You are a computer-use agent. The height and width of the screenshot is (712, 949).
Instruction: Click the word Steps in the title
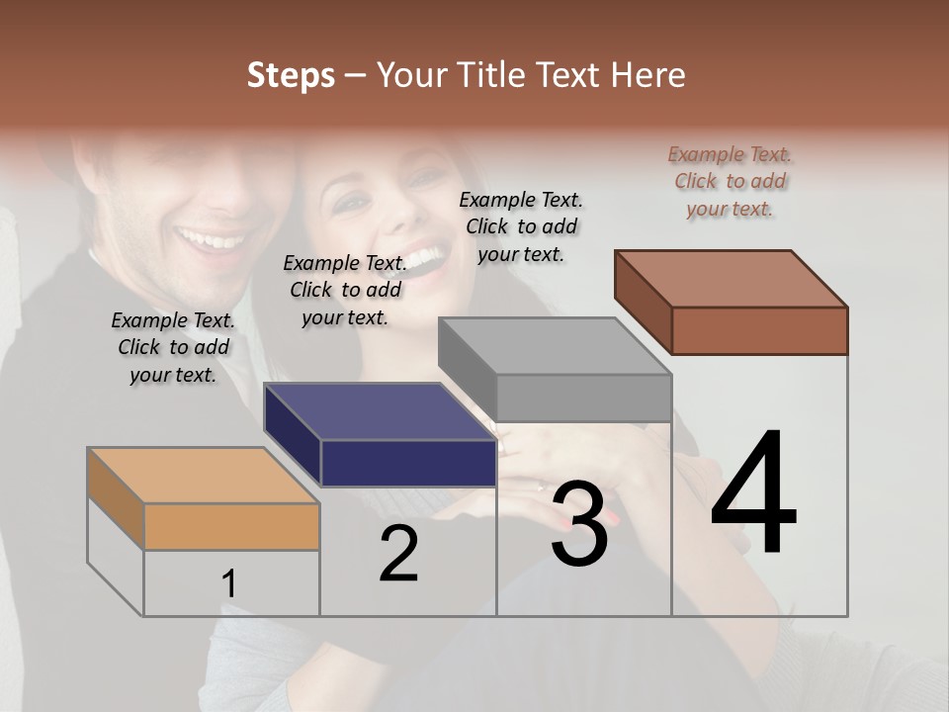(291, 75)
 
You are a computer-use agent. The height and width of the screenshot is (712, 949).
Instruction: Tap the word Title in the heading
(492, 75)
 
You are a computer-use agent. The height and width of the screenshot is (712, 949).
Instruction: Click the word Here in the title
(647, 75)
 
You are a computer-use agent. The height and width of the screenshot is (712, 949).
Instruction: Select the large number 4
(753, 494)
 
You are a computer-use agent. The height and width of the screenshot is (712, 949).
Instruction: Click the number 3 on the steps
(579, 524)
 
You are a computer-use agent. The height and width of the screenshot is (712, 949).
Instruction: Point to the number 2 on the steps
(398, 555)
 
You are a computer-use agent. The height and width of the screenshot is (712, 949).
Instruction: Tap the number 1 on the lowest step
(228, 584)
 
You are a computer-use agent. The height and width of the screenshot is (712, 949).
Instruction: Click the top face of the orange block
(204, 476)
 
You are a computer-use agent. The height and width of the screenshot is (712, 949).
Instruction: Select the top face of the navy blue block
(380, 411)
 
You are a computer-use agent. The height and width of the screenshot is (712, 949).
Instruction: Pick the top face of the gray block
(555, 346)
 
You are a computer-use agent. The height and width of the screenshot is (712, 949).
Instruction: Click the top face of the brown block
(732, 279)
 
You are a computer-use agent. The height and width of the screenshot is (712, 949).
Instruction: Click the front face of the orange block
(231, 526)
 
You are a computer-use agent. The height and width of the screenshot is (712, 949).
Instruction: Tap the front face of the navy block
(408, 463)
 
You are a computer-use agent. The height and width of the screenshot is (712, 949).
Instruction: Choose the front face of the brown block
(759, 330)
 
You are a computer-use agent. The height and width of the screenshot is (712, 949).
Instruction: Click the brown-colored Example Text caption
(730, 181)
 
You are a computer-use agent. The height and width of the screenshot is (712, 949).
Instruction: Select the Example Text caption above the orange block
(173, 347)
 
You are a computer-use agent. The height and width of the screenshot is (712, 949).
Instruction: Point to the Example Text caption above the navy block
(345, 290)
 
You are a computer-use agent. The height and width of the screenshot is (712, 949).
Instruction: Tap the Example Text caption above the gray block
(521, 226)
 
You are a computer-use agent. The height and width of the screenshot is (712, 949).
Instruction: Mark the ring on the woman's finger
(540, 487)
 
